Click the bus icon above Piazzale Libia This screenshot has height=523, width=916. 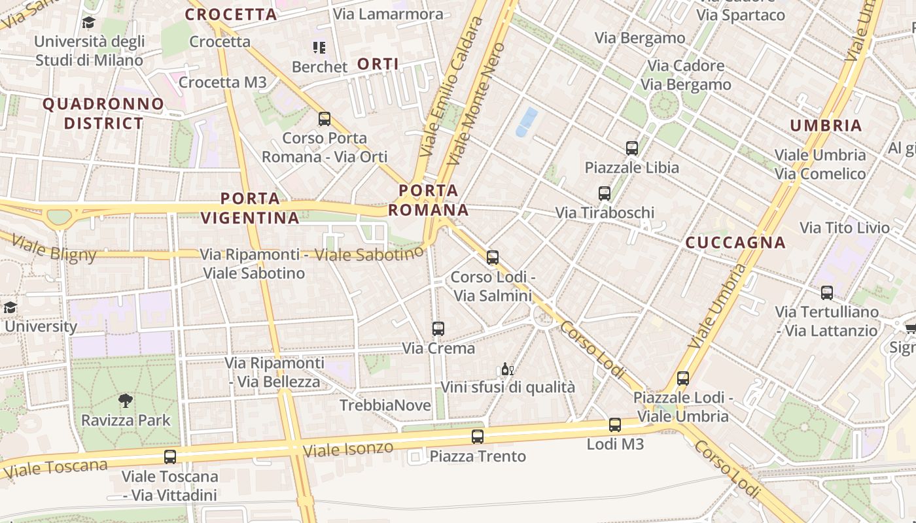click(631, 148)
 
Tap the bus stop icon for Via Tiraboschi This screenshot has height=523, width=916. click(604, 194)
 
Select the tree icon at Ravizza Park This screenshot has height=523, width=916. click(125, 401)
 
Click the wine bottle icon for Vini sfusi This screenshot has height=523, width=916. click(506, 369)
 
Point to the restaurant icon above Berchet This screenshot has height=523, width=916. click(319, 47)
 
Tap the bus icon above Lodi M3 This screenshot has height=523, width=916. click(614, 425)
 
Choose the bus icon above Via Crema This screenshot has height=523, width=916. click(438, 329)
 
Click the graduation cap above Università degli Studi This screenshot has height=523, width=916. click(88, 23)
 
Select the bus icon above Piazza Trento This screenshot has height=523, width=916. click(478, 437)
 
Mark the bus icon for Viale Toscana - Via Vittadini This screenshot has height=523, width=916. click(169, 457)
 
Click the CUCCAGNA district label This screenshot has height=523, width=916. click(735, 243)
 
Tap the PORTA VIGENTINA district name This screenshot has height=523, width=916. click(250, 208)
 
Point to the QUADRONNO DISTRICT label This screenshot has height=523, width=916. click(103, 113)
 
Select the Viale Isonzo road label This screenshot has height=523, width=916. click(348, 449)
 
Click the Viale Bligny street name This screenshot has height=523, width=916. click(54, 248)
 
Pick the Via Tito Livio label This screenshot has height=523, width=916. click(845, 228)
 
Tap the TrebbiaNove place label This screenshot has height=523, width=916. click(385, 405)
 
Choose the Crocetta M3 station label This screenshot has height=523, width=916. click(222, 82)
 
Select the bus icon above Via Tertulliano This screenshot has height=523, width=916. click(826, 293)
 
